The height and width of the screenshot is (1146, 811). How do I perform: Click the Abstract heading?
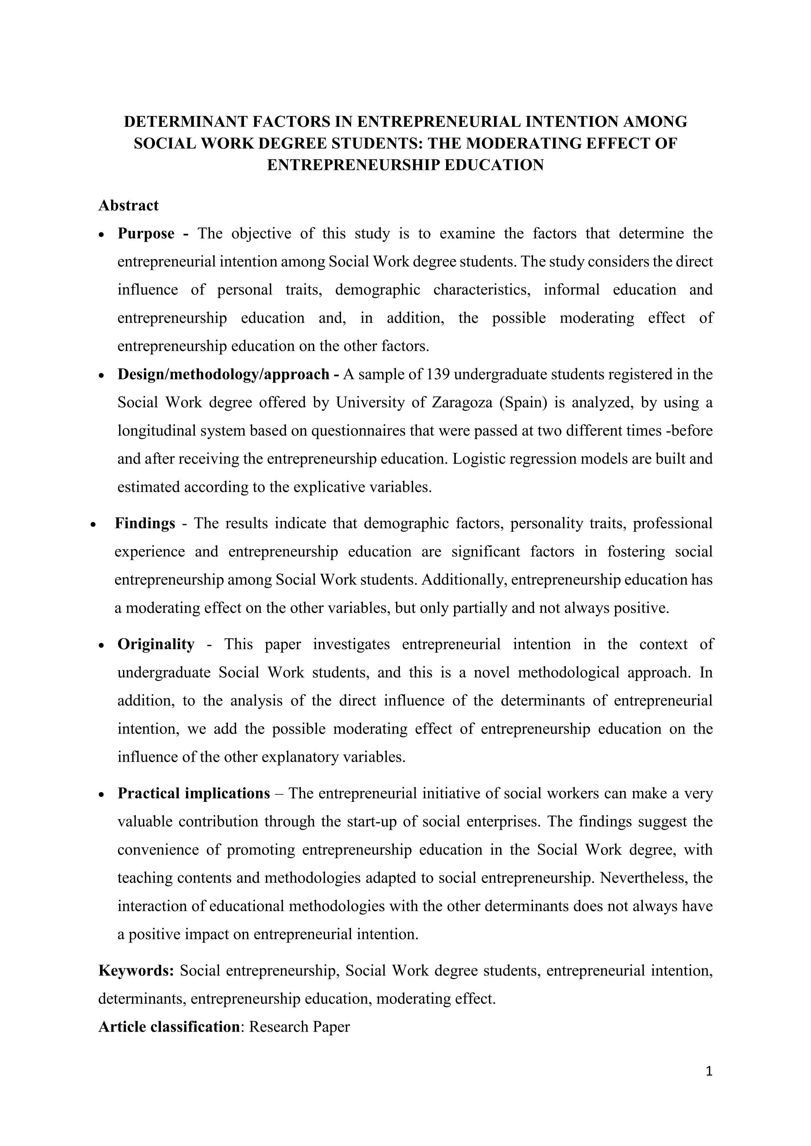(x=128, y=205)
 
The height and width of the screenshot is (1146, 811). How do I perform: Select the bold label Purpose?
(x=146, y=234)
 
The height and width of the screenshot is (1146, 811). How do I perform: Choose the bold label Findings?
(x=145, y=523)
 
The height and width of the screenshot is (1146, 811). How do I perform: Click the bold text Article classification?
(x=169, y=1027)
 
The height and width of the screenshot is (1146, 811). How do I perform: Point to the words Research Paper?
(x=299, y=1027)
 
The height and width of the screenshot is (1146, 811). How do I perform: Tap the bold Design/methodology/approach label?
(x=223, y=374)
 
